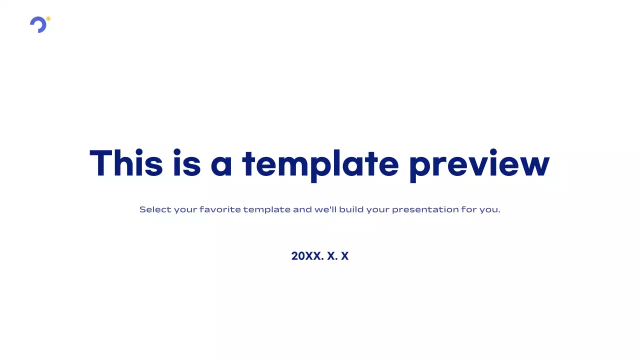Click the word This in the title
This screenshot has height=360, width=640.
point(126,163)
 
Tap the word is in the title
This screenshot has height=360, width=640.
point(186,163)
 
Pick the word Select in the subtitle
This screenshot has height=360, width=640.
point(155,209)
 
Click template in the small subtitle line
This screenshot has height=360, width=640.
point(266,209)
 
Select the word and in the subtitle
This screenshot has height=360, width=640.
point(302,209)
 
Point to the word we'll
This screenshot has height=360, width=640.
point(325,209)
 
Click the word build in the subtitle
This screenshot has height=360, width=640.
point(351,209)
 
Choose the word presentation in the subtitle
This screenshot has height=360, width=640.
point(425,209)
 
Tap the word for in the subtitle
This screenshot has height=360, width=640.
point(469,209)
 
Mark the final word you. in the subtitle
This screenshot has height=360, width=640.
point(490,210)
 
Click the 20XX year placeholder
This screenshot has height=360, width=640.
point(306,256)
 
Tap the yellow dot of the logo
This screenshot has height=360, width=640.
point(48,19)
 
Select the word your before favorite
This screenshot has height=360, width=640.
point(185,210)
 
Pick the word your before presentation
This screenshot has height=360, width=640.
point(377,210)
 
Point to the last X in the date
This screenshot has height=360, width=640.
point(344,256)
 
